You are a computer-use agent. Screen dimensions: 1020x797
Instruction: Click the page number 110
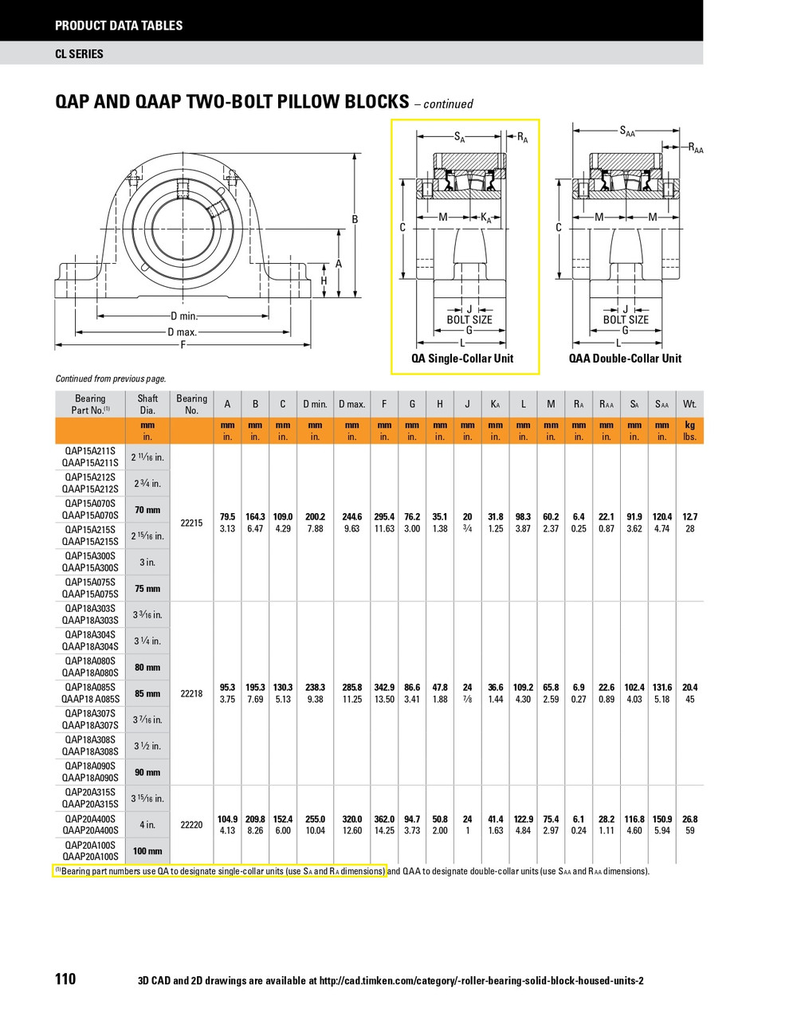click(65, 979)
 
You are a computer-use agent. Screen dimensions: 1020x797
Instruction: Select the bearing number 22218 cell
click(191, 693)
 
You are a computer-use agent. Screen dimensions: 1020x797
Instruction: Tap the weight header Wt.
click(689, 404)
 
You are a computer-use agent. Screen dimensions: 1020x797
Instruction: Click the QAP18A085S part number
click(90, 687)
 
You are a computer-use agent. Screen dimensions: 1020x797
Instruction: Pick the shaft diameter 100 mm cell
click(147, 851)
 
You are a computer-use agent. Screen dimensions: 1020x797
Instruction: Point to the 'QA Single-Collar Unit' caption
click(462, 359)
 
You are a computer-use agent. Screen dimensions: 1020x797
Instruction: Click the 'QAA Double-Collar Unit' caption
click(625, 359)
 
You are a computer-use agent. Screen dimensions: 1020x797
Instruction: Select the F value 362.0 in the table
click(384, 819)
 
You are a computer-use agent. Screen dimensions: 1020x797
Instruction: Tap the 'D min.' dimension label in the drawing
click(183, 316)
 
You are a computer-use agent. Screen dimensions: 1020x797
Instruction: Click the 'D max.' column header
click(351, 404)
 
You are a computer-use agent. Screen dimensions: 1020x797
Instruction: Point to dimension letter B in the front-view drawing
click(355, 219)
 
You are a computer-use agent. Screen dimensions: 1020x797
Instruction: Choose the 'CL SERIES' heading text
click(79, 54)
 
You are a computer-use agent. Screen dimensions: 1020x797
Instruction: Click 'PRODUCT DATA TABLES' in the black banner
click(119, 25)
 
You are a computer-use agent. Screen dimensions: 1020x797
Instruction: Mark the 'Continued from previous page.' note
click(111, 379)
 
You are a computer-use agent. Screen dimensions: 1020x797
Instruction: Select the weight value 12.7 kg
click(689, 516)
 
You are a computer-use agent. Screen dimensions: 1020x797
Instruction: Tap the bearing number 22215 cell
click(191, 523)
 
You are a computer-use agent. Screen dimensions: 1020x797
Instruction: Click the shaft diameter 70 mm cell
click(147, 510)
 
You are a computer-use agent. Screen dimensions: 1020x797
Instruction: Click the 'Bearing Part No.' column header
click(90, 404)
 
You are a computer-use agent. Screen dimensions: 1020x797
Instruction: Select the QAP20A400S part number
click(90, 819)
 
